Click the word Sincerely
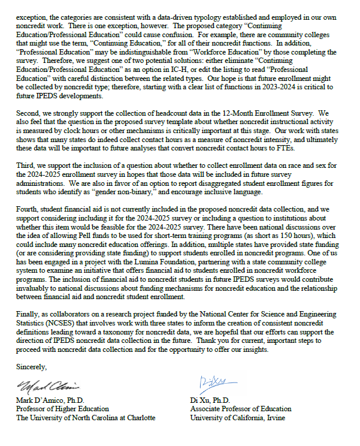click(31, 366)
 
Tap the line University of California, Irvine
click(237, 418)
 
